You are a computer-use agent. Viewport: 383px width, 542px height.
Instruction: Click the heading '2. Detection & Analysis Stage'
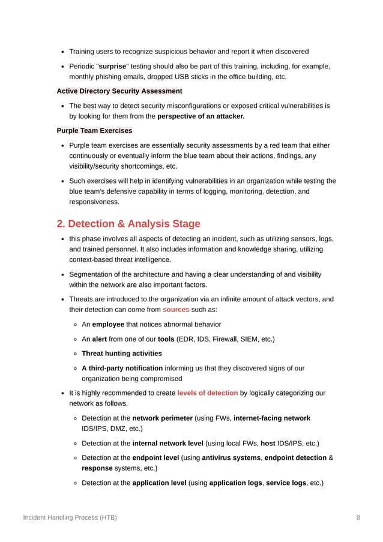tap(128, 224)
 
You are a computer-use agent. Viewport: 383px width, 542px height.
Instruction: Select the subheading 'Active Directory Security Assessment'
tap(119, 91)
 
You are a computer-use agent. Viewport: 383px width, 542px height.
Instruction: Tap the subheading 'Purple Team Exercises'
tap(94, 130)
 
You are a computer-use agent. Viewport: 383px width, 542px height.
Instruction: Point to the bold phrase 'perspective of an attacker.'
tap(201, 116)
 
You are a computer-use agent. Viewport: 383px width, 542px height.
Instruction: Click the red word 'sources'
tap(176, 309)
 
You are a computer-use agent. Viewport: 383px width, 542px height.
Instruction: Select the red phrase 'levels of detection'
tap(208, 393)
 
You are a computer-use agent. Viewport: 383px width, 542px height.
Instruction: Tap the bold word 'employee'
tap(107, 324)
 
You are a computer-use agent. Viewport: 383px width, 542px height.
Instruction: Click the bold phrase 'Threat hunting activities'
tap(121, 354)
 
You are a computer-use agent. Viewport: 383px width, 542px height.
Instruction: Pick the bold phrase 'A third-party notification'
tap(122, 368)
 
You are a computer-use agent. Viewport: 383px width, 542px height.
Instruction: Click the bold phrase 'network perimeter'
tap(162, 418)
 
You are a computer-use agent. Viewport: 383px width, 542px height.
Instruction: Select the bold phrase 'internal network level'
tap(167, 444)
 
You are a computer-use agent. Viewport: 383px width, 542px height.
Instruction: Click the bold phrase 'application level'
tap(159, 483)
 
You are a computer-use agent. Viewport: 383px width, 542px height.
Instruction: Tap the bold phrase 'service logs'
tap(286, 483)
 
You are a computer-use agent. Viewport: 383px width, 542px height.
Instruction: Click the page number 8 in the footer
tap(358, 517)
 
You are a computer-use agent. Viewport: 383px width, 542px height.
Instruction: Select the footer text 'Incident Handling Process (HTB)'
tap(70, 517)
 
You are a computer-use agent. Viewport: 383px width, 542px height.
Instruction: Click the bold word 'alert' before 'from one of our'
tap(99, 339)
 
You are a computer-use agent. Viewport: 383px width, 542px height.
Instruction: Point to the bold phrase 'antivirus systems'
tap(230, 458)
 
